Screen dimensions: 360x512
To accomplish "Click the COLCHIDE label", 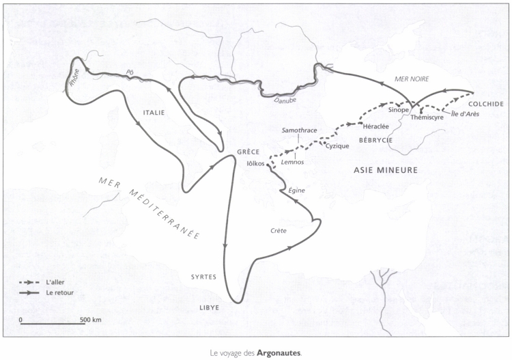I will pyautogui.click(x=485, y=104).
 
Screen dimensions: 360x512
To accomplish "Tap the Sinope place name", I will pyautogui.click(x=397, y=109).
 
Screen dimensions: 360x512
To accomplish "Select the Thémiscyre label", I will pyautogui.click(x=427, y=117).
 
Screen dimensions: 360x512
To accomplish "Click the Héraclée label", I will pyautogui.click(x=376, y=127).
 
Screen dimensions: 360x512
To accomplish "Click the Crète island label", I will pyautogui.click(x=278, y=231).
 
